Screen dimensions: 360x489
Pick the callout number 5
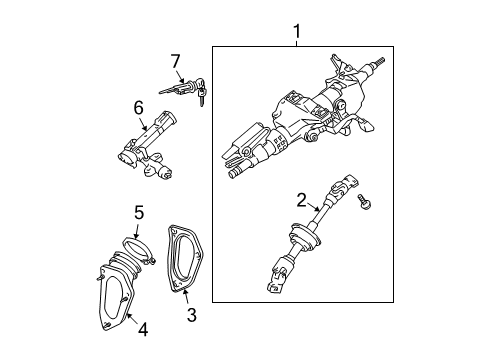140,212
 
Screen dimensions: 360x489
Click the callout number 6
139,106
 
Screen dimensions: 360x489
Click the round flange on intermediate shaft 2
297,243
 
